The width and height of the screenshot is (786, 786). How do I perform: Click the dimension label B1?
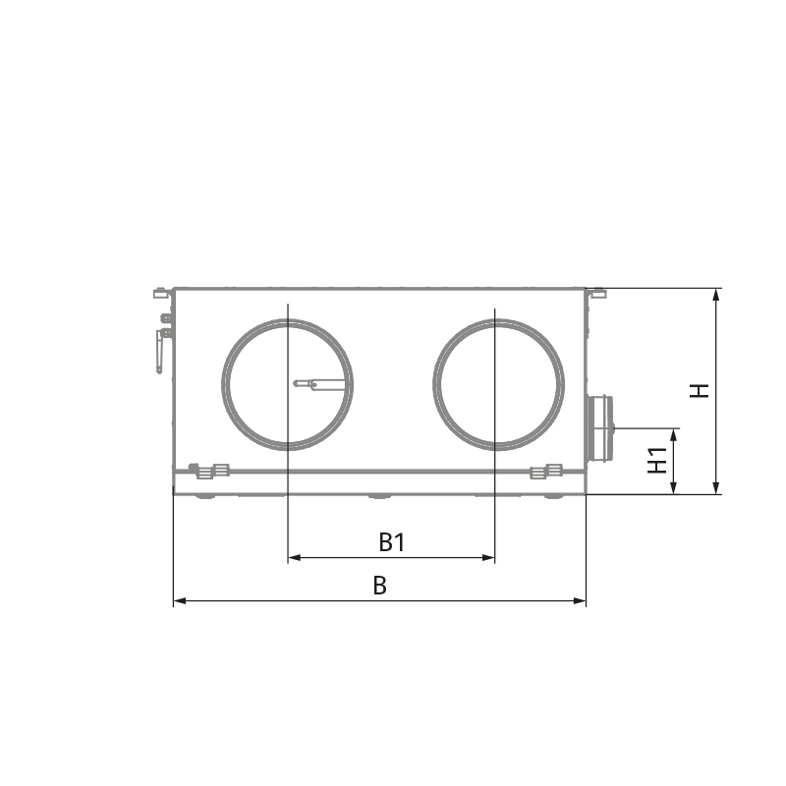coord(392,541)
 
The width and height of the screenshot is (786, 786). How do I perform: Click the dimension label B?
coord(379,585)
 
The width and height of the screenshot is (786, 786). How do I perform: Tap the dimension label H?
coord(699,391)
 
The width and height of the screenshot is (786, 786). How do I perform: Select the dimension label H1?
coord(657,461)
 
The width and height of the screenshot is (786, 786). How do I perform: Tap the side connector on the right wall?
coord(598,429)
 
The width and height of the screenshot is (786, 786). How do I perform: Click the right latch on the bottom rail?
coord(540,473)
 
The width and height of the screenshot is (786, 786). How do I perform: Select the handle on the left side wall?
coord(160,349)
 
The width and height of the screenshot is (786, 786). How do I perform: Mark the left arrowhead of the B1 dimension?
coord(291,558)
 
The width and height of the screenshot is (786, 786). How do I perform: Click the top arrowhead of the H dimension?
coord(716,294)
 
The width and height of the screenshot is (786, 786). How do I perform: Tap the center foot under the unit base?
coord(379,496)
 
